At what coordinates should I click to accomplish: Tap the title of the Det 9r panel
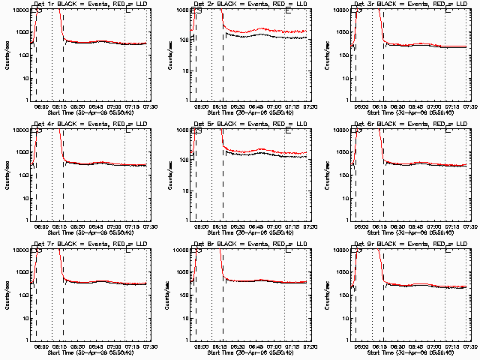[411, 244]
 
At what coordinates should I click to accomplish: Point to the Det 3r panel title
[411, 5]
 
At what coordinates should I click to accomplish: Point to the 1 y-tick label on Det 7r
[25, 340]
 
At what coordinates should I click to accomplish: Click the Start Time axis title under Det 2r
[252, 112]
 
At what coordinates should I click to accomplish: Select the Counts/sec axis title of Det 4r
[6, 175]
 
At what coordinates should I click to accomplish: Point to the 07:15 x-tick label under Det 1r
[132, 106]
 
